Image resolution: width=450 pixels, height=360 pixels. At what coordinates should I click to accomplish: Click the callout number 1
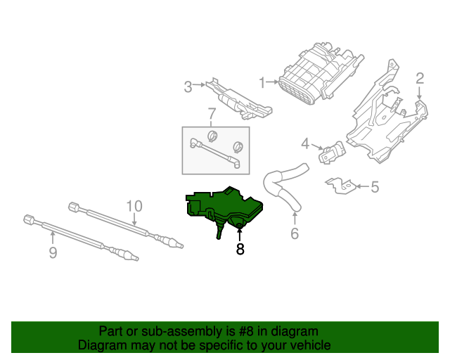click(x=262, y=83)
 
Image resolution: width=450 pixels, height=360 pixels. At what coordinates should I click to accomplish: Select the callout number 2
click(x=420, y=78)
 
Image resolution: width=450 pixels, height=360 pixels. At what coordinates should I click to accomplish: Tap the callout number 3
click(x=188, y=87)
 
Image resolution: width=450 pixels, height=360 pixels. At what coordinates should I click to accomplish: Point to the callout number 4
click(x=305, y=143)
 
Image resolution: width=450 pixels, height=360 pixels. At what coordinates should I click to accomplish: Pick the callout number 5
click(x=375, y=186)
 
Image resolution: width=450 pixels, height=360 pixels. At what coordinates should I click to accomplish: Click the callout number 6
click(x=295, y=233)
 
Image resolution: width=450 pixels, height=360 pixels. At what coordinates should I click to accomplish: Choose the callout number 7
click(x=211, y=114)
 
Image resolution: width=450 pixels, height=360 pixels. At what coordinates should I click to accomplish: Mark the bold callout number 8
click(x=240, y=248)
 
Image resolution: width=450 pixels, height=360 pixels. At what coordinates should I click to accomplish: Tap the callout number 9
click(x=53, y=252)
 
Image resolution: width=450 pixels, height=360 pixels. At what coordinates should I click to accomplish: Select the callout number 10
click(x=134, y=206)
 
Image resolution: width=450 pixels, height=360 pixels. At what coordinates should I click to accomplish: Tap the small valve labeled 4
click(x=333, y=151)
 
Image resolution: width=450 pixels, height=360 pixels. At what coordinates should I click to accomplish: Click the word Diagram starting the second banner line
click(x=100, y=345)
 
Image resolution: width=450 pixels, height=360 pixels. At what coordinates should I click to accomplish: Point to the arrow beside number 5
click(x=361, y=186)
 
